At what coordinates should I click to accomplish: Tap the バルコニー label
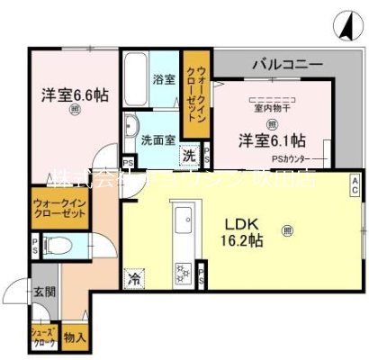click(287, 65)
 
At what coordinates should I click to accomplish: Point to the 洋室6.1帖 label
click(271, 140)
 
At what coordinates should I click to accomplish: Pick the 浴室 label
click(163, 78)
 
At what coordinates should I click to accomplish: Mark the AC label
click(355, 186)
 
